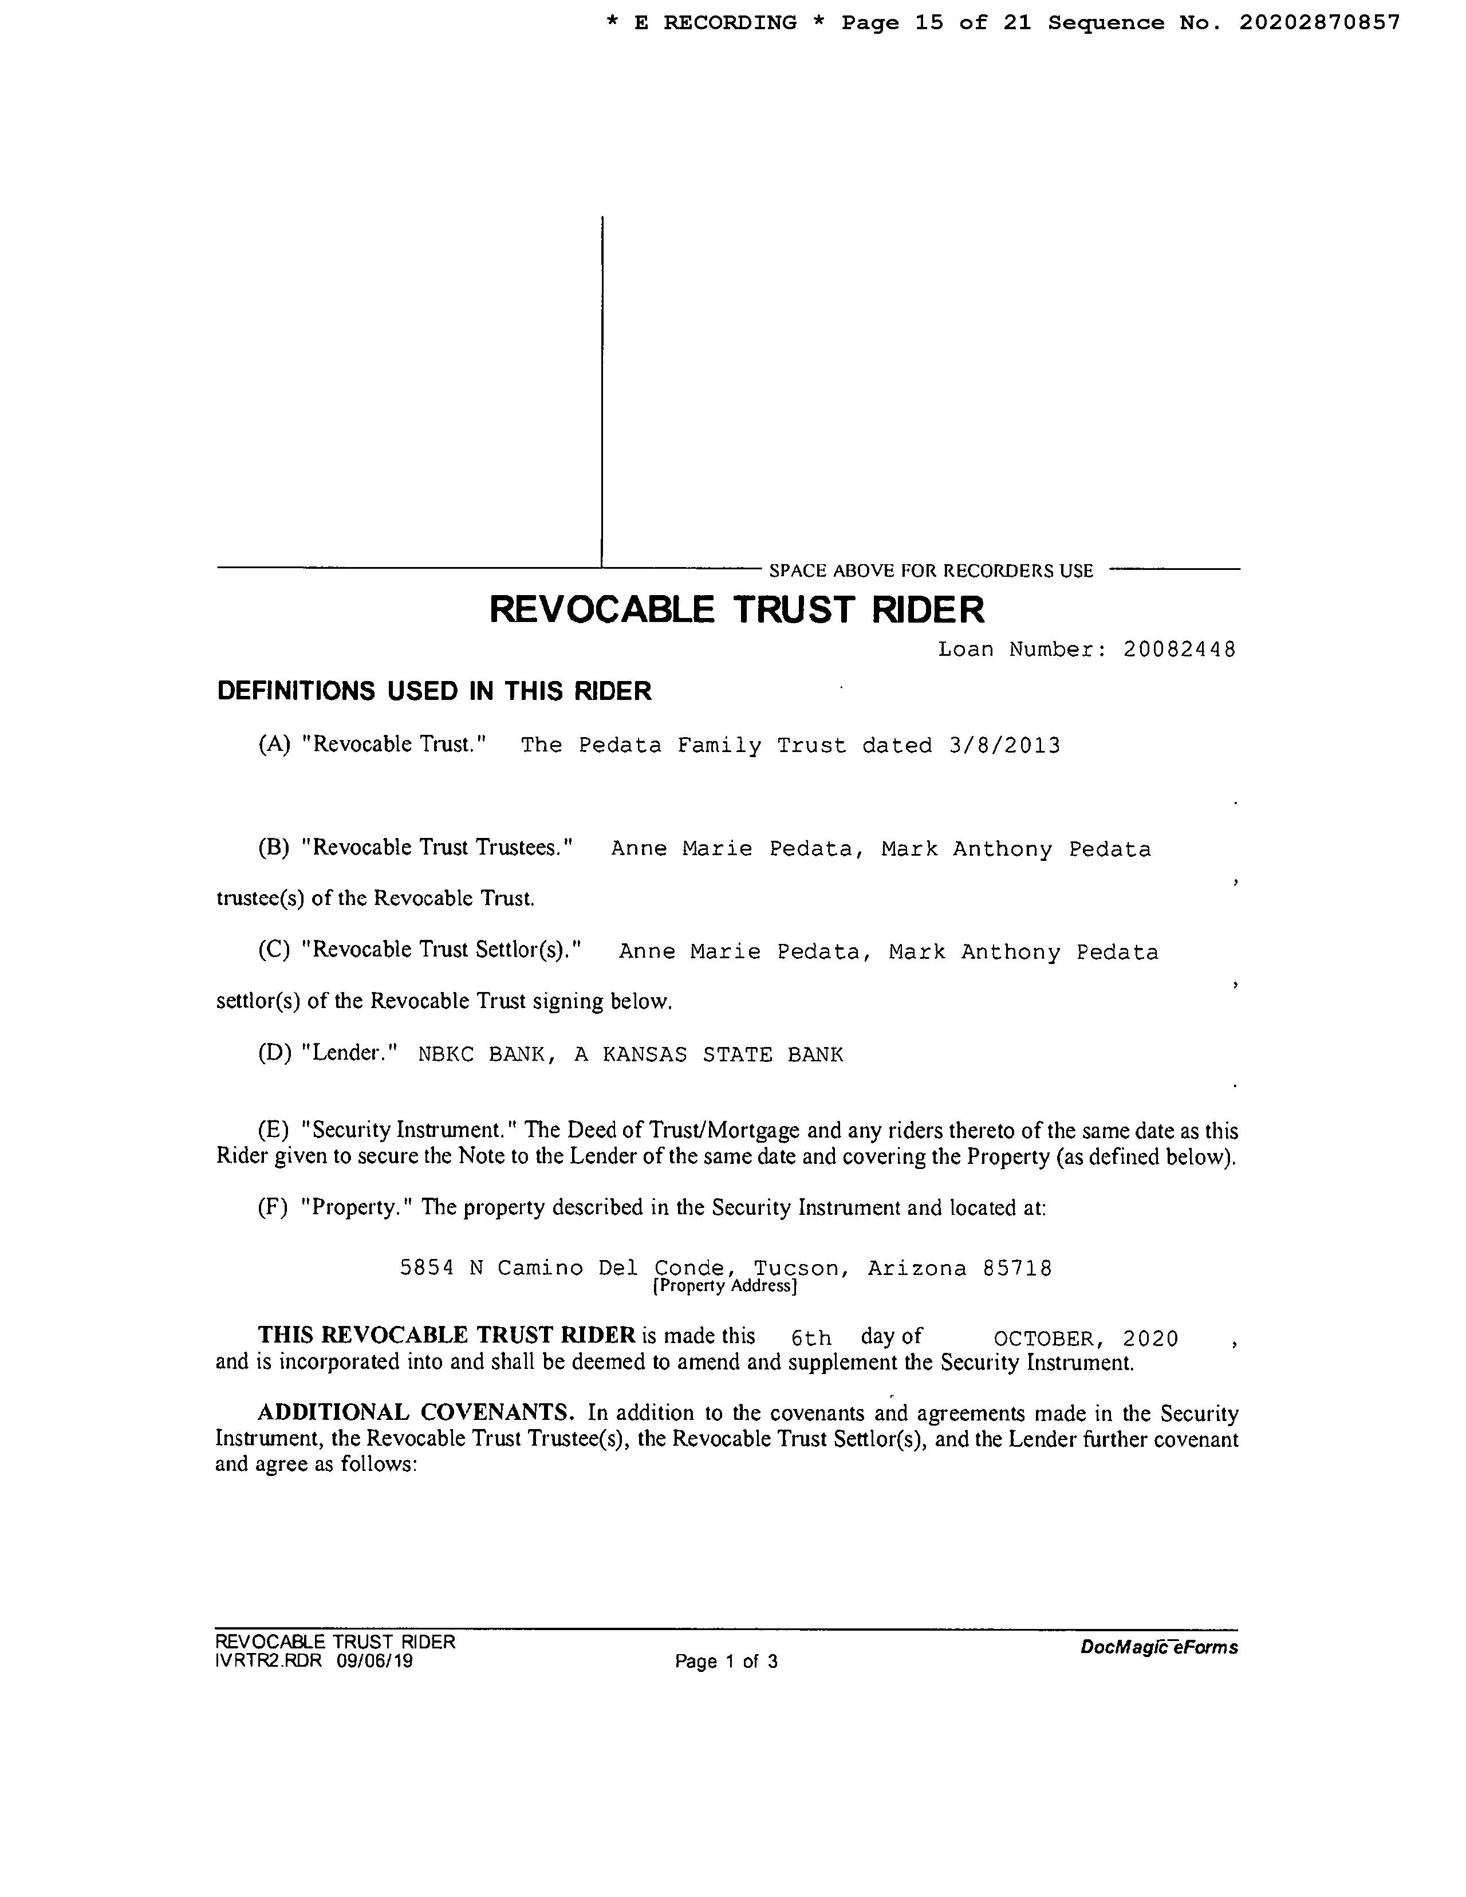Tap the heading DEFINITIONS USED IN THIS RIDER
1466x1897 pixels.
434,691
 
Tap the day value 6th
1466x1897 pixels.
811,1339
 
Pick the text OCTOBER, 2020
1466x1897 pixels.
1086,1339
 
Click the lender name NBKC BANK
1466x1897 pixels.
482,1054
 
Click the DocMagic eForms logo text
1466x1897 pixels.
1158,1647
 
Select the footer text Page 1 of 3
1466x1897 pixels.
726,1662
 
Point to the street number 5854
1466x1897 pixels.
427,1268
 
